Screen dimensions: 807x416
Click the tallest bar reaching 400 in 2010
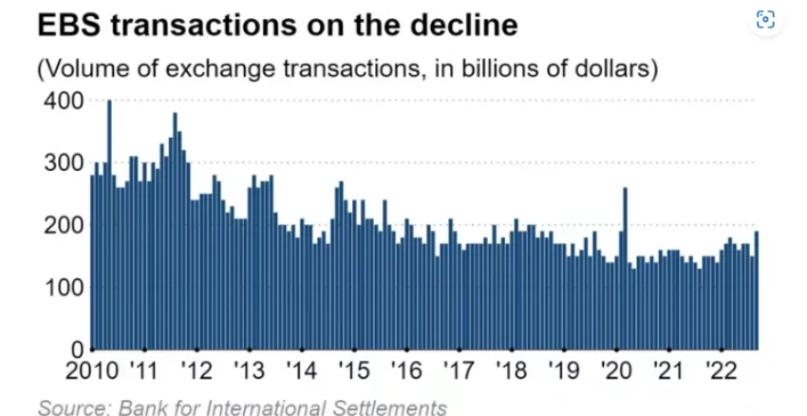click(109, 225)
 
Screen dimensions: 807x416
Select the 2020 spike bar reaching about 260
click(625, 269)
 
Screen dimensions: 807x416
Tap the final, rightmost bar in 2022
click(756, 291)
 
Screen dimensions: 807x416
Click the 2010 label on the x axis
click(91, 370)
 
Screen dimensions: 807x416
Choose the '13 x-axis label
click(250, 370)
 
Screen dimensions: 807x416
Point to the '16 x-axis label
click(406, 370)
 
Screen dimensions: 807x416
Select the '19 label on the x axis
click(564, 370)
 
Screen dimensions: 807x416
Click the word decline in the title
click(467, 27)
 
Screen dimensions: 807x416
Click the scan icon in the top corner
click(766, 20)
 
